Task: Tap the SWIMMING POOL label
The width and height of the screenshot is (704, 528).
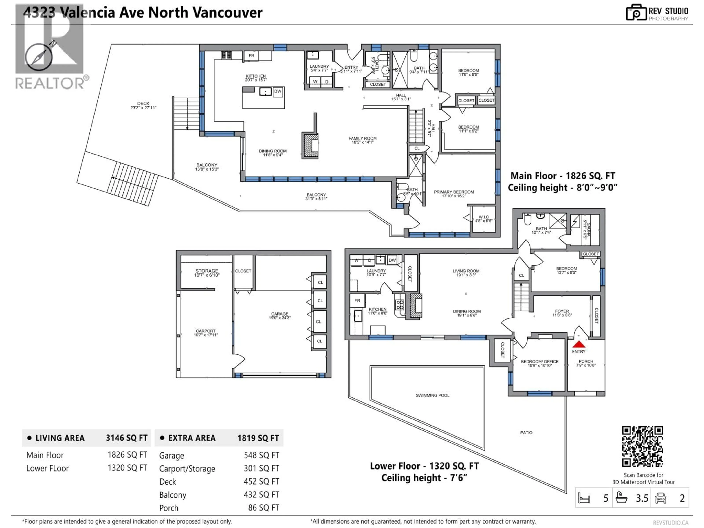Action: point(432,395)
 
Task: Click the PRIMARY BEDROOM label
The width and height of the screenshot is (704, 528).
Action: point(454,192)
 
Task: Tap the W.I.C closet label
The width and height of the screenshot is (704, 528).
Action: point(483,217)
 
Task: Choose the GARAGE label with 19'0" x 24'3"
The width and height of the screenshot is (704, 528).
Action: point(279,314)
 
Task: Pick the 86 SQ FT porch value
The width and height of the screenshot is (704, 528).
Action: point(263,508)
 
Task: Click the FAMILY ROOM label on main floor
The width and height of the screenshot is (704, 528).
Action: point(362,138)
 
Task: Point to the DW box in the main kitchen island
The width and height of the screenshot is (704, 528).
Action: point(278,91)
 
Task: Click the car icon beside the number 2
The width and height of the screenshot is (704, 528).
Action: point(661,498)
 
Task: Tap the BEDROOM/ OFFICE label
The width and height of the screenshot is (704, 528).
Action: point(539,362)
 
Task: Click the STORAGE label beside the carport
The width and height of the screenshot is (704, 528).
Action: point(207,271)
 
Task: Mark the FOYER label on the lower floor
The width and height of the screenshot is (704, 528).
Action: point(562,311)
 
